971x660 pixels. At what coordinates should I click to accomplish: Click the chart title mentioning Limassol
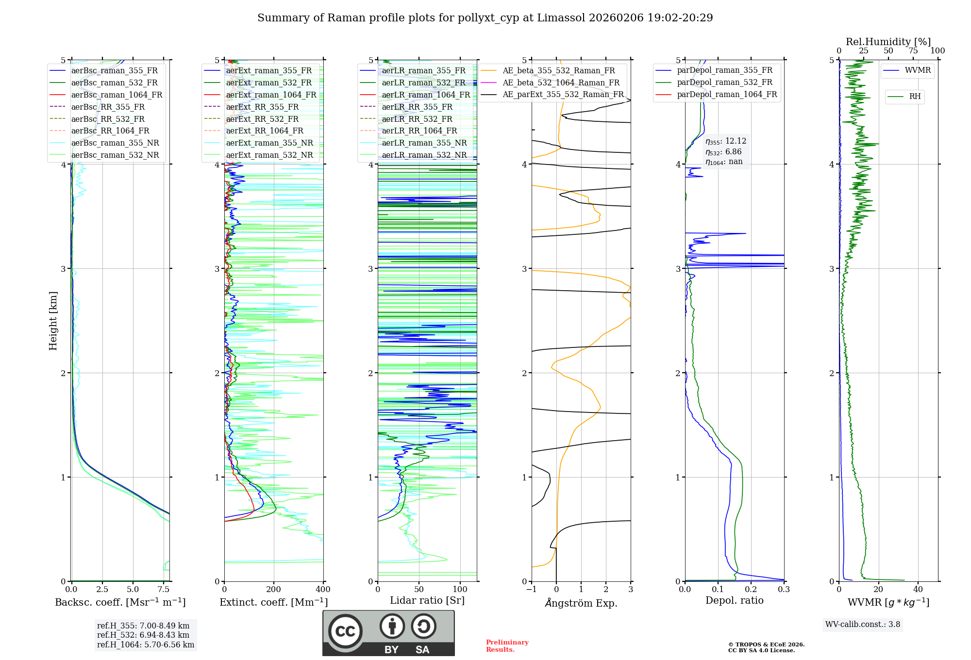point(485,18)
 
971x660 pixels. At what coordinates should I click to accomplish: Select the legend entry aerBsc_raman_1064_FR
point(117,95)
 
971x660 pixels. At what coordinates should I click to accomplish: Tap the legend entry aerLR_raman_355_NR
point(424,143)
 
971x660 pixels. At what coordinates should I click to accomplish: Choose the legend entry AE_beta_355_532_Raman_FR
point(558,71)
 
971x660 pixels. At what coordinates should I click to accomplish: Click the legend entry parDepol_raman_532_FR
point(724,82)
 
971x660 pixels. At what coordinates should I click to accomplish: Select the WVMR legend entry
point(918,70)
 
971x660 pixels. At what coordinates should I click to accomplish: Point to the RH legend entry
point(915,97)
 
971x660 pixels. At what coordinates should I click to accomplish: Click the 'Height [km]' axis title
point(53,321)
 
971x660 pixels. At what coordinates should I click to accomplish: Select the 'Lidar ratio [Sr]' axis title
point(427,600)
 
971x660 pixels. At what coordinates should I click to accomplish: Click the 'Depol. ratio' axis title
point(734,600)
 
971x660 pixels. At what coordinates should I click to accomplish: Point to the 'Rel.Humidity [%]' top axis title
point(888,42)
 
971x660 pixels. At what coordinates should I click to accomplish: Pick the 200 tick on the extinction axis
point(274,589)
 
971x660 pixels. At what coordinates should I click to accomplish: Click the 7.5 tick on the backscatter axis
point(164,589)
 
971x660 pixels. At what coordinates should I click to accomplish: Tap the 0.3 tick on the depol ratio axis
point(784,589)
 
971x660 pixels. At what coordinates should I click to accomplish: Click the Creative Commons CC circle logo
point(345,631)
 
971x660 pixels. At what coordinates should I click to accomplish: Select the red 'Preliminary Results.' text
point(507,645)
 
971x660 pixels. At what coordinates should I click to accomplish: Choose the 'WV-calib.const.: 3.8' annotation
point(862,625)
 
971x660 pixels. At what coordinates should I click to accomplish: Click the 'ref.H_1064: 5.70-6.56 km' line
point(145,644)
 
